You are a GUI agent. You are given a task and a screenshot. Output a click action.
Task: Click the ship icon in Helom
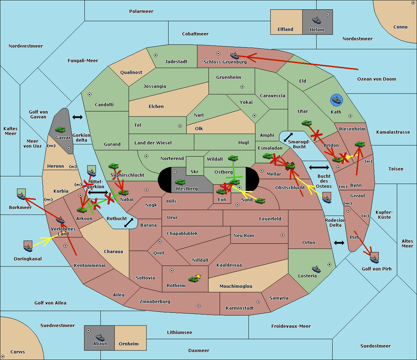317,20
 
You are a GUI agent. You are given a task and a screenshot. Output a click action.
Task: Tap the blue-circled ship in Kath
336,100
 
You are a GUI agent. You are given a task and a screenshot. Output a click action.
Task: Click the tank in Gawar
60,129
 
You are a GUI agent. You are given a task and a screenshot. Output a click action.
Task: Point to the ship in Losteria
316,269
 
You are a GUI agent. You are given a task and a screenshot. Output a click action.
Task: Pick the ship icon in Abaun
100,337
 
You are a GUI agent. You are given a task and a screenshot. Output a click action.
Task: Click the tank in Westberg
180,182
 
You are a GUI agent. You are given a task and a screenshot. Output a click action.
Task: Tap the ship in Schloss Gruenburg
235,55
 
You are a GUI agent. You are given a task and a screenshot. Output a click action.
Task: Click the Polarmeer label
141,11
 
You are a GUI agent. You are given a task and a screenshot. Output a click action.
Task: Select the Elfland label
285,30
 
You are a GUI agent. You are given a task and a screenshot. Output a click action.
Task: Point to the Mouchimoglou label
236,286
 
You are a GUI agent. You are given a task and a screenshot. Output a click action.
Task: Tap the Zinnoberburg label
155,302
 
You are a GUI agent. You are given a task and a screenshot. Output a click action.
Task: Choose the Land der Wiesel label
153,143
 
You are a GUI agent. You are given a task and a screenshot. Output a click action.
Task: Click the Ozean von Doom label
377,79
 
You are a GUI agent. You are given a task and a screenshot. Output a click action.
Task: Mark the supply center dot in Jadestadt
156,55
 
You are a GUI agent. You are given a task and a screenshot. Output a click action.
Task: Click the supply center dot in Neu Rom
283,235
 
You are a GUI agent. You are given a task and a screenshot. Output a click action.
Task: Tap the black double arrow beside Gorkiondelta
77,117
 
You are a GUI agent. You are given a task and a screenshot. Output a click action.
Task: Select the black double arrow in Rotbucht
129,223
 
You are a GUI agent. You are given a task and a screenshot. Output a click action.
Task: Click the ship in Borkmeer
22,194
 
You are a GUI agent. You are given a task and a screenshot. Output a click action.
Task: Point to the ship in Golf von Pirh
375,258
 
